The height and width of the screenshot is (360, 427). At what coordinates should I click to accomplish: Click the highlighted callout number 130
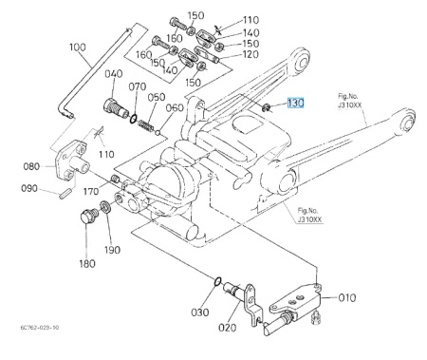[295, 103]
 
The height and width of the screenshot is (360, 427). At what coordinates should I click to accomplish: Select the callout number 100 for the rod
[78, 47]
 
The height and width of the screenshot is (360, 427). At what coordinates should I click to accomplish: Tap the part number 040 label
[114, 74]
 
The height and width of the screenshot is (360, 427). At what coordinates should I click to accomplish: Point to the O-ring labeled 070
[134, 119]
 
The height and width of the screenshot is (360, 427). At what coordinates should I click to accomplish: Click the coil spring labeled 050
[146, 125]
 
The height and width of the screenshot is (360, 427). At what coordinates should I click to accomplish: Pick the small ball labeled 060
[158, 132]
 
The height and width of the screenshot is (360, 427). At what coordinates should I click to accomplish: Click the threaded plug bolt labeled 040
[116, 108]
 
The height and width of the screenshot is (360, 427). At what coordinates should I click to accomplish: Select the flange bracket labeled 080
[71, 161]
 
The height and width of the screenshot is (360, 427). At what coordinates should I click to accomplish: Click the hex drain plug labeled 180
[88, 216]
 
